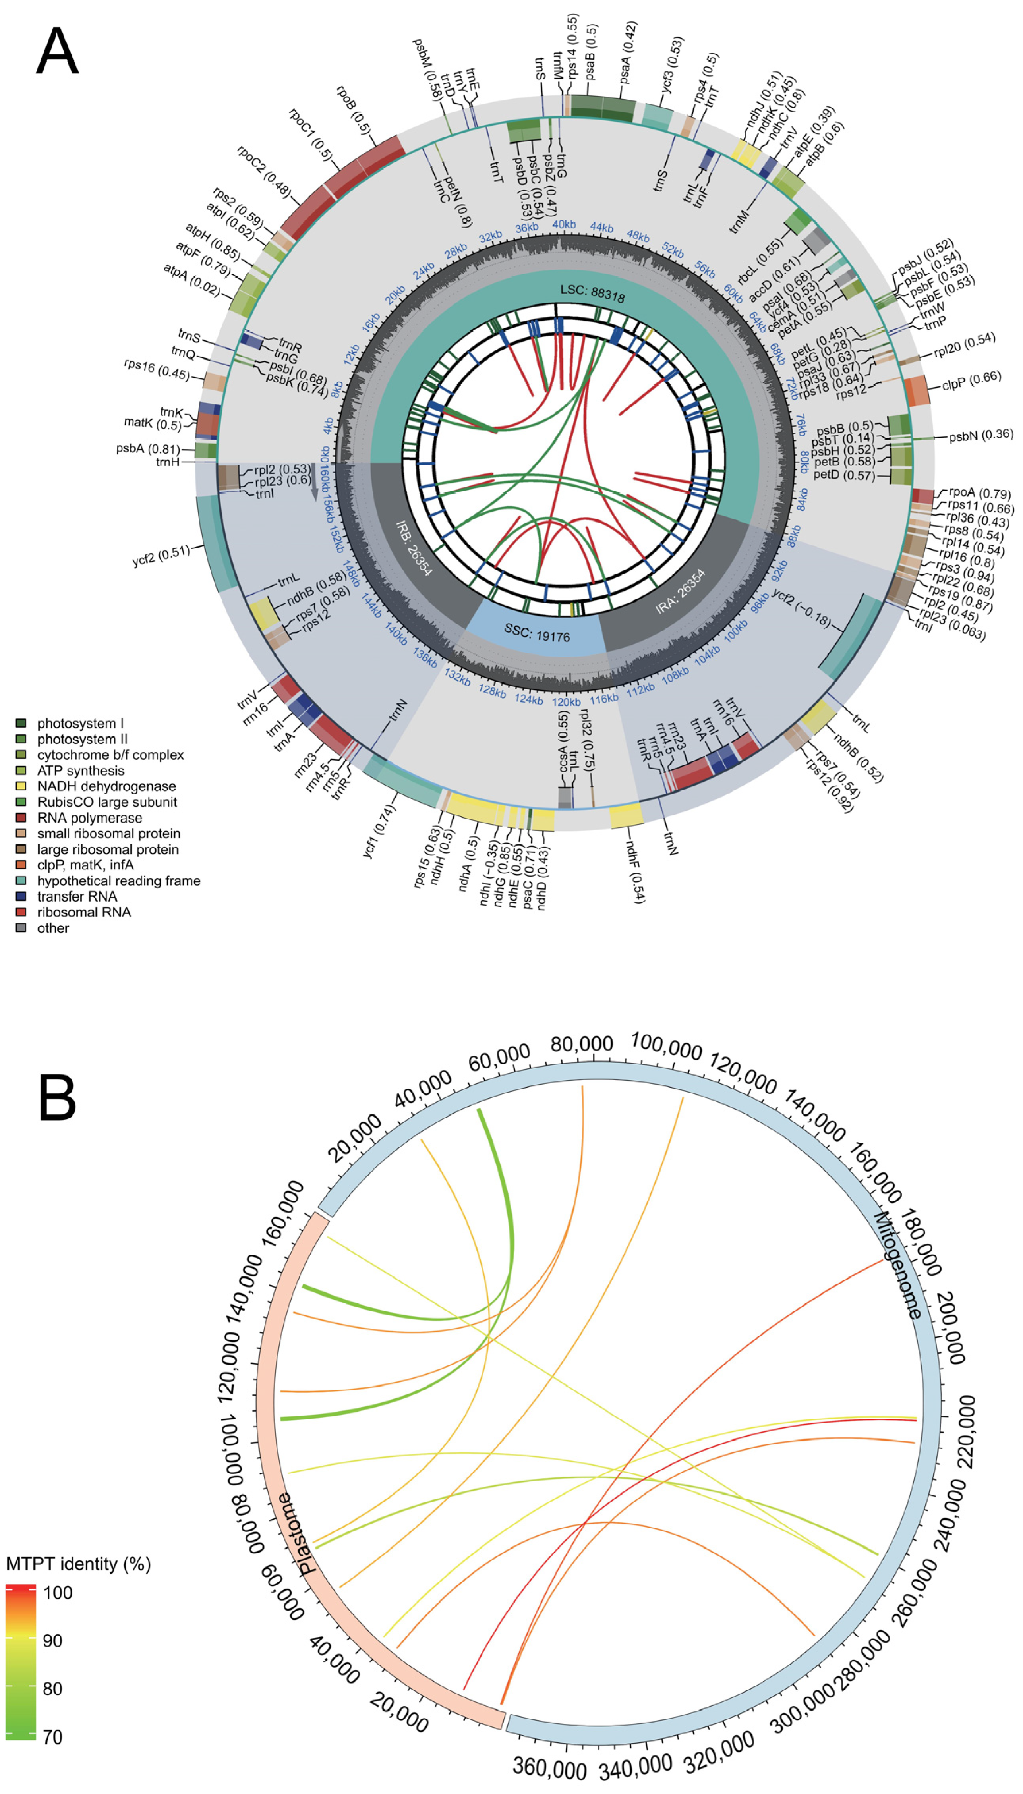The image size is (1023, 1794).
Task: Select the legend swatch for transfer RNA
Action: (21, 896)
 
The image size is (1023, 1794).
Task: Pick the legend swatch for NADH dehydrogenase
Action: (21, 786)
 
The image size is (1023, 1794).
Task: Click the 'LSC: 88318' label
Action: (592, 293)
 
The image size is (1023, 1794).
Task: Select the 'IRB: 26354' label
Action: (414, 548)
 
